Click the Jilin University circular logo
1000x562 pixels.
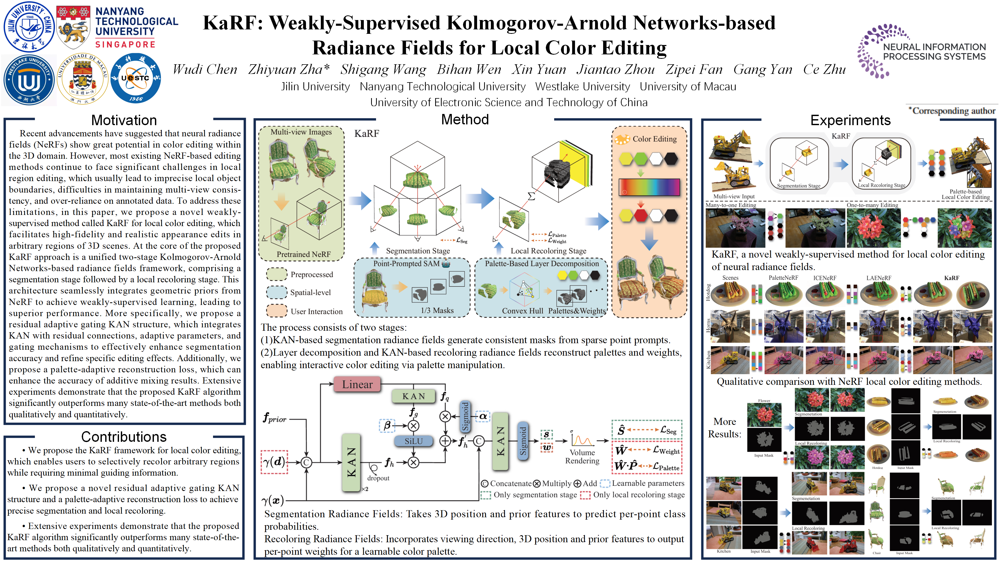point(29,27)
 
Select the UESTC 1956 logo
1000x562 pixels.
point(135,78)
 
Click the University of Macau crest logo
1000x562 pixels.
point(82,79)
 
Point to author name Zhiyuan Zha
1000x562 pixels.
point(289,69)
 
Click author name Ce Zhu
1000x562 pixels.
point(824,69)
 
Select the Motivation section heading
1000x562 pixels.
point(124,120)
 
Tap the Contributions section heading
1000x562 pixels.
point(124,437)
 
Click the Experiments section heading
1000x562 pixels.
point(850,120)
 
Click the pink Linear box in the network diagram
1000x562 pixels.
point(357,384)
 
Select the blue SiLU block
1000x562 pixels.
point(414,441)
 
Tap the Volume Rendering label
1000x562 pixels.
point(582,457)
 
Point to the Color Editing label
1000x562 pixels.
point(654,139)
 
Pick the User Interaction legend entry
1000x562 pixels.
point(316,311)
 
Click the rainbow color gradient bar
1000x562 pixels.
point(649,187)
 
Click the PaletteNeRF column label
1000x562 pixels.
point(783,278)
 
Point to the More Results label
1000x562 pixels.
point(724,427)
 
